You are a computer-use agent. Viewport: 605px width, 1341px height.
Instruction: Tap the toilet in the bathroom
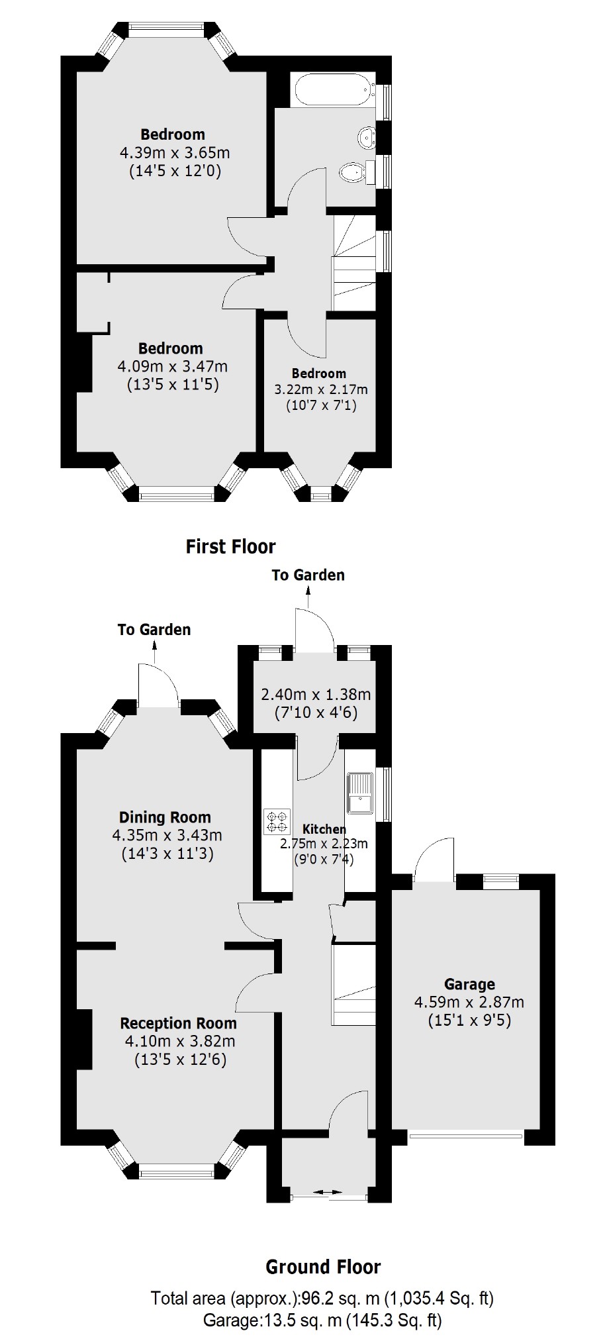pos(353,174)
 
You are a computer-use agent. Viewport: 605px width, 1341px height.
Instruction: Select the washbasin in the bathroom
pos(366,137)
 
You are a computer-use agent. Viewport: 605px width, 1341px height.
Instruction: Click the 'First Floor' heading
pos(230,546)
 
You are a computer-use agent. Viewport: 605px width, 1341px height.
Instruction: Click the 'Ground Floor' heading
pos(323,1267)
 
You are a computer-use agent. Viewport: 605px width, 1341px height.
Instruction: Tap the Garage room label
pos(469,984)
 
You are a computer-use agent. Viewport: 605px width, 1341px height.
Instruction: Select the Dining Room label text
pos(165,817)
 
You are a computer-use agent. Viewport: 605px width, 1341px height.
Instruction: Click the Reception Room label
pos(179,1023)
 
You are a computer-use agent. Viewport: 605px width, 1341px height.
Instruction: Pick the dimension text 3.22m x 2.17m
pos(321,389)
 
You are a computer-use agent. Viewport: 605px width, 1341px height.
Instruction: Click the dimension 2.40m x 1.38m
pos(316,695)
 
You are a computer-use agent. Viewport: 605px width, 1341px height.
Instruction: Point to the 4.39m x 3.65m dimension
pos(175,153)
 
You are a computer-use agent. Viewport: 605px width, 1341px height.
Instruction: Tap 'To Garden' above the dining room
pos(154,629)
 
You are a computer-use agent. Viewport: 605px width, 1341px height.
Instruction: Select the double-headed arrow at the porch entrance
pos(329,1193)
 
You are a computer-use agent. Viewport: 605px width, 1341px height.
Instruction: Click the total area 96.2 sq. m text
pos(322,1297)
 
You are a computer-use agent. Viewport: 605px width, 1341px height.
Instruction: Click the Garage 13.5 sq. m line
pos(322,1320)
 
